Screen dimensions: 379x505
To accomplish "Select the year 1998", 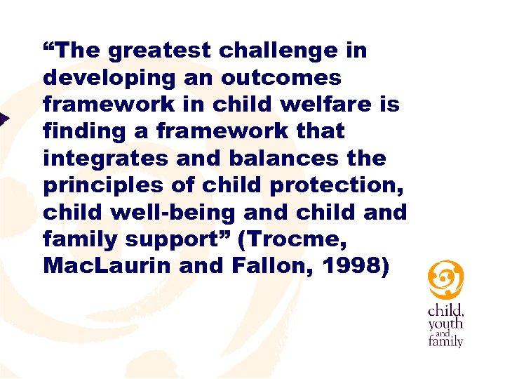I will point(355,265).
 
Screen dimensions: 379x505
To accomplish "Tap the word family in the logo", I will point(445,342).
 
